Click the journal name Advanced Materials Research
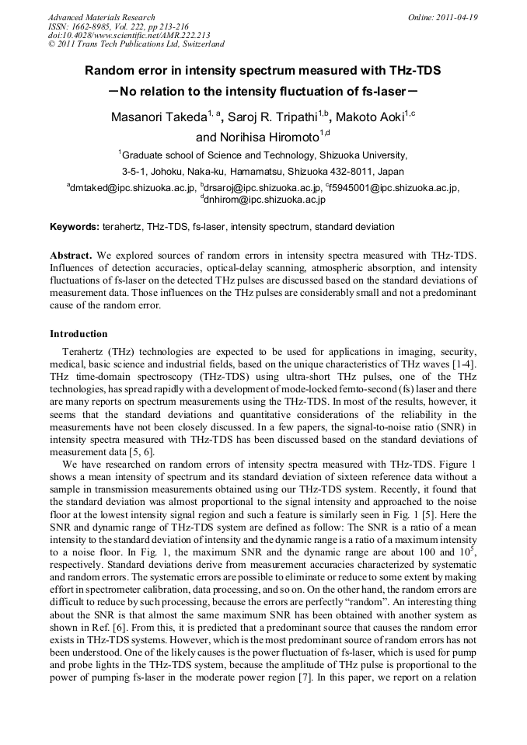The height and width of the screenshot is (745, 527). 101,17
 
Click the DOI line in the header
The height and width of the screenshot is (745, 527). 128,35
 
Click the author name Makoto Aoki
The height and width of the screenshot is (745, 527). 369,117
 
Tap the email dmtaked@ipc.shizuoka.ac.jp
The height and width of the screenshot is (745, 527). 132,188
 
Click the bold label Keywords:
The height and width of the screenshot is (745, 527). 75,227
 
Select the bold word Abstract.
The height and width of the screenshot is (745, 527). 71,255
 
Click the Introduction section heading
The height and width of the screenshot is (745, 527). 79,334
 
